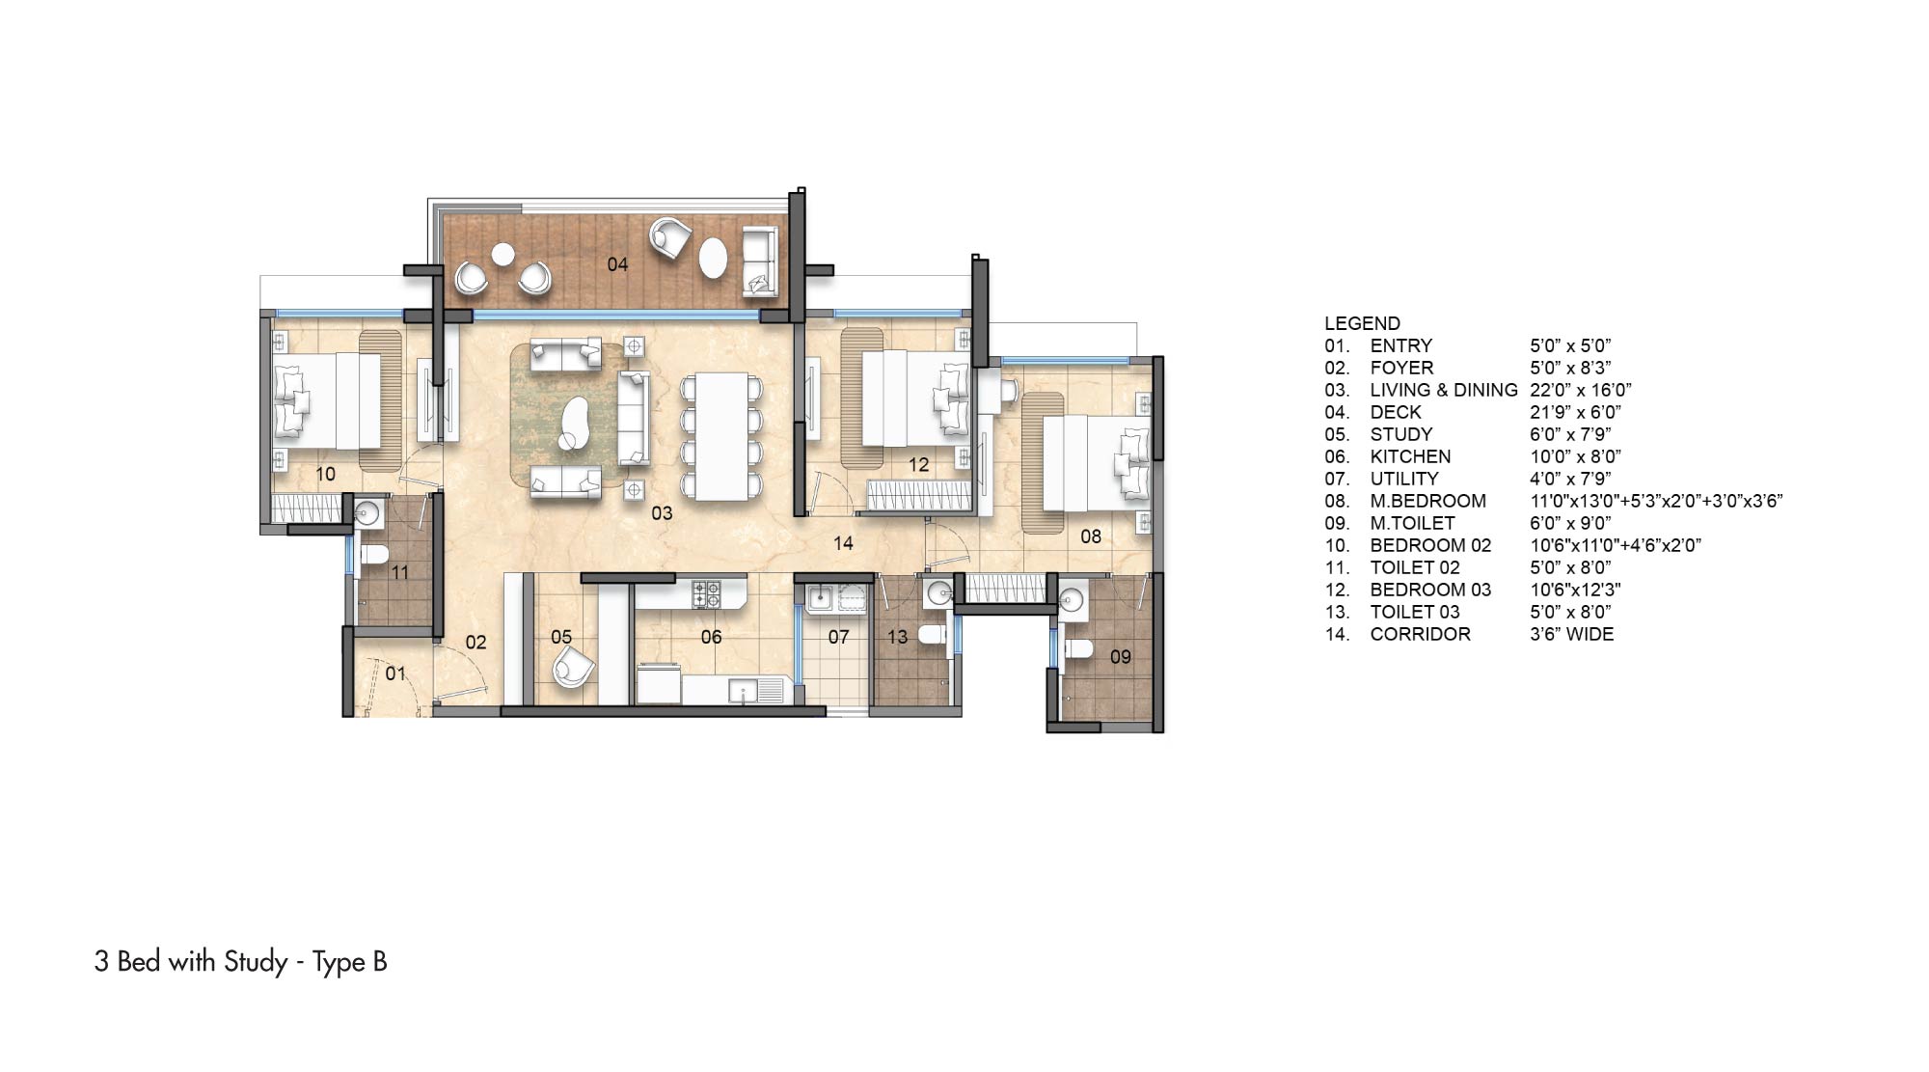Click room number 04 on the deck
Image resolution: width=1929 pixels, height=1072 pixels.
tap(617, 264)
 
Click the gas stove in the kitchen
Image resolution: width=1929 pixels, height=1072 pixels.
tap(706, 593)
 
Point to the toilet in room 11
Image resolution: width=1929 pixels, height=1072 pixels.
tap(372, 555)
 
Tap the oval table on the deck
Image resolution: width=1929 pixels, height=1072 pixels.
tap(713, 257)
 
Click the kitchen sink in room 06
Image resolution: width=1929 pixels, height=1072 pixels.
tap(755, 692)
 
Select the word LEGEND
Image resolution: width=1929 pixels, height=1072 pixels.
tap(1362, 323)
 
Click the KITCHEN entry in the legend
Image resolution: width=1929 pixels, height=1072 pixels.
tap(1410, 456)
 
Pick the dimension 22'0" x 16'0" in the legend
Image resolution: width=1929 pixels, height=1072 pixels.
tap(1580, 390)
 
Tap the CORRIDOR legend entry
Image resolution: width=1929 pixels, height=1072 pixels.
tap(1420, 634)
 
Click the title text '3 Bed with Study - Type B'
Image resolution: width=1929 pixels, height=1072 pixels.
tap(241, 962)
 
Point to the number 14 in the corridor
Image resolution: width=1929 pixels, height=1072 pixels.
tap(843, 543)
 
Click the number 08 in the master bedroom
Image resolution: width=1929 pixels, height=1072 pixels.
tap(1091, 536)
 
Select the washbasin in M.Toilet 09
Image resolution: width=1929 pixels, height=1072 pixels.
tap(1073, 599)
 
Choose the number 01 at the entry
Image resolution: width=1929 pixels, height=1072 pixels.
tap(395, 673)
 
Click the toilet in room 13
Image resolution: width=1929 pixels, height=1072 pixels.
tap(932, 635)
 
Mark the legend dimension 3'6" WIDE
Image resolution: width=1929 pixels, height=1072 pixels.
tap(1571, 634)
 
